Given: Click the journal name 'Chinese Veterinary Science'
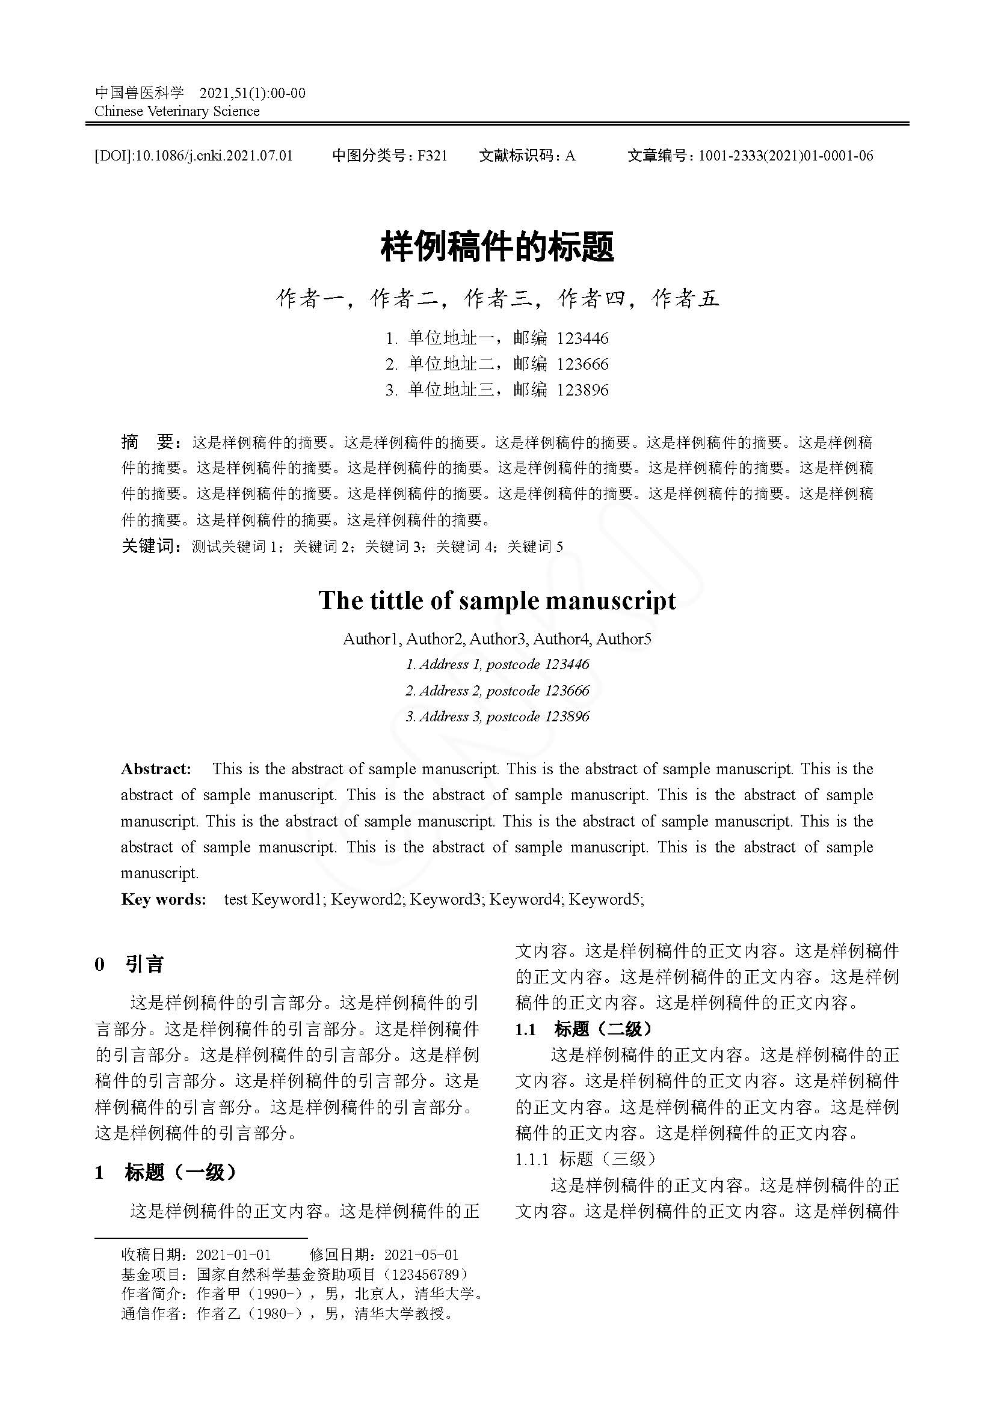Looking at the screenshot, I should click(x=177, y=111).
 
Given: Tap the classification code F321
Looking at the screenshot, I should click(x=432, y=156).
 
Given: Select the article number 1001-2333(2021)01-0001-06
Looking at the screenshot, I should click(x=786, y=156).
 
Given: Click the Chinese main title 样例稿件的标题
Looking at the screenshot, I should click(x=497, y=247).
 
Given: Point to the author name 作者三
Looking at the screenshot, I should click(x=498, y=298).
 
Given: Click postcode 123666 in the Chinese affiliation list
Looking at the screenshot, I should click(x=583, y=364).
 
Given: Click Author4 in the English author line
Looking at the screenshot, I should click(x=561, y=640).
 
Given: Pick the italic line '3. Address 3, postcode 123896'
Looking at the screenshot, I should click(x=497, y=717).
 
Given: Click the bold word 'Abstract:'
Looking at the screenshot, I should click(x=156, y=769).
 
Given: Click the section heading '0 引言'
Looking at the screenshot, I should click(x=129, y=964).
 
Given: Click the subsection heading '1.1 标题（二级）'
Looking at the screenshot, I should click(x=584, y=1029).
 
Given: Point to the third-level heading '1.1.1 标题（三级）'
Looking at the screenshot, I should click(x=586, y=1158).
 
